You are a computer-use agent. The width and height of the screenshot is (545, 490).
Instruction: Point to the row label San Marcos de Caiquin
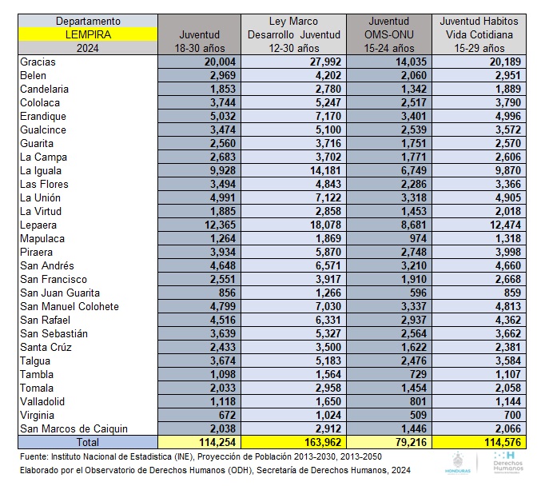point(74,428)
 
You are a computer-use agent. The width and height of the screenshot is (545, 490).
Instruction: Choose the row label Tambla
point(37,374)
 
